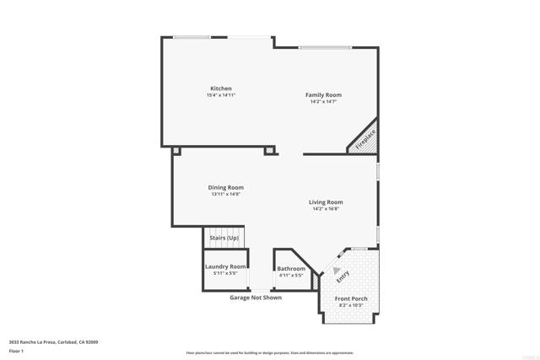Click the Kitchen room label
click(x=221, y=89)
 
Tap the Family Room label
click(x=323, y=94)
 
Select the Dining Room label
click(x=226, y=187)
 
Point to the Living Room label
click(x=326, y=202)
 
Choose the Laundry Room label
click(x=225, y=266)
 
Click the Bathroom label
click(x=291, y=269)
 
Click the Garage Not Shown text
click(x=256, y=298)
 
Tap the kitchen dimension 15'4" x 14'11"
click(x=221, y=95)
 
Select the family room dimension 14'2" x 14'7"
click(x=323, y=101)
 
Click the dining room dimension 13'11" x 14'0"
click(x=226, y=194)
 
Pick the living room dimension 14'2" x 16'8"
click(x=326, y=209)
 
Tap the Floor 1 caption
click(x=17, y=350)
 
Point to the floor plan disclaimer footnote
click(x=269, y=352)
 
